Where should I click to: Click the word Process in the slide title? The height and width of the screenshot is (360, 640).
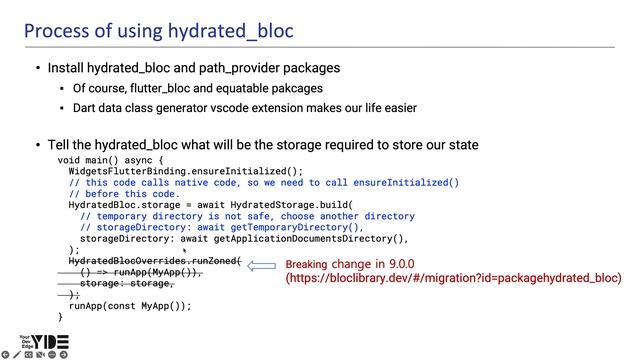tap(56, 31)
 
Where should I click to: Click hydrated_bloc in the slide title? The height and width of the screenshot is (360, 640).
tap(231, 31)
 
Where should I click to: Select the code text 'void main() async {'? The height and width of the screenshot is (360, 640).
tap(110, 160)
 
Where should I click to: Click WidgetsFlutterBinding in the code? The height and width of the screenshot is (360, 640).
tap(126, 171)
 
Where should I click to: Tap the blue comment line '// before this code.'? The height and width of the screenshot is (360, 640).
tap(124, 194)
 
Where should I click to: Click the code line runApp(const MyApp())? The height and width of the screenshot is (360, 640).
tap(130, 306)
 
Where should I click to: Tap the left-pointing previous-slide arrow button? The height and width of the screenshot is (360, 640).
tap(5, 354)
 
